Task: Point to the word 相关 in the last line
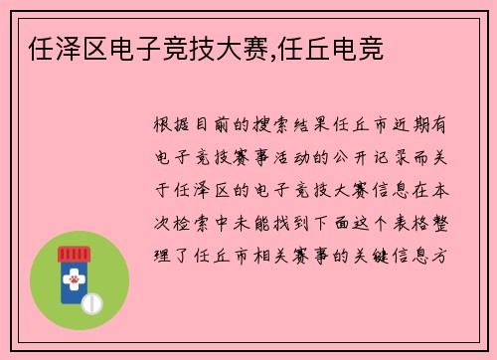[x=261, y=255]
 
